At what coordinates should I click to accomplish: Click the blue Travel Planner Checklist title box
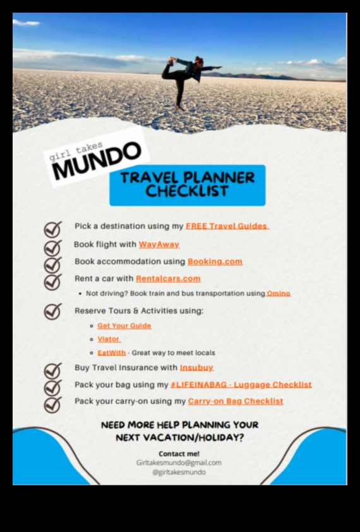click(188, 184)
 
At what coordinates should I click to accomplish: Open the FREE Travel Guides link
click(227, 226)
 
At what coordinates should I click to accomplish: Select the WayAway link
click(159, 245)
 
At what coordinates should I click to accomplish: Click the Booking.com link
click(215, 262)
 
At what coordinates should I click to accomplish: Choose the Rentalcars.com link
click(168, 279)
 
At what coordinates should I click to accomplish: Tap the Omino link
click(279, 294)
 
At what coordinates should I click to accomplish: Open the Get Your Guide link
click(124, 326)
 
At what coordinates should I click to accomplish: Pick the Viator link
click(109, 339)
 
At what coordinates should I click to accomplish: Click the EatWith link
click(111, 353)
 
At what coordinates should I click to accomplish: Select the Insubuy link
click(196, 368)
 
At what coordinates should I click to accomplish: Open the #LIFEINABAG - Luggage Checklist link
click(241, 385)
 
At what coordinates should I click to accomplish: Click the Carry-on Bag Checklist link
click(236, 401)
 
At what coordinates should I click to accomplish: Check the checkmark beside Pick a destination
click(52, 228)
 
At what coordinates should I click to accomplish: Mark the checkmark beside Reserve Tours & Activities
click(52, 311)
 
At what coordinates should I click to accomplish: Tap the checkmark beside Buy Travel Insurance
click(52, 370)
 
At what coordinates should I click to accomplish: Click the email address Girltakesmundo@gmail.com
click(179, 462)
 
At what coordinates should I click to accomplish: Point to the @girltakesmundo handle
click(179, 472)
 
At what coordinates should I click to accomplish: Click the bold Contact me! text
click(179, 453)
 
